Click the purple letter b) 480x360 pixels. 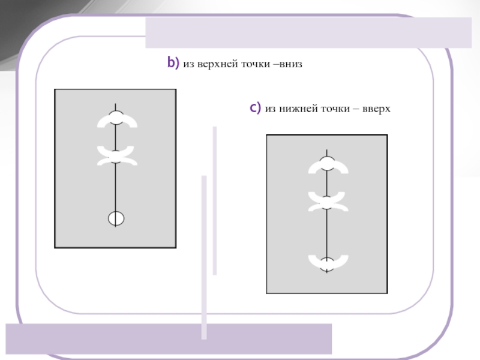point(173,63)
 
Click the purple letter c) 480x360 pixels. point(256,108)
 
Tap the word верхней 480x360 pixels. point(218,64)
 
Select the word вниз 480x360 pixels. point(290,64)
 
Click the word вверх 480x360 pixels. point(376,109)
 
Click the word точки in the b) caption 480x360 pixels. point(256,64)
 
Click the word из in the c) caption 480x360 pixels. point(270,109)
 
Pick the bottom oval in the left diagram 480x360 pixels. point(116,218)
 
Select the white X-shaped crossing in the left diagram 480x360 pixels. point(117,156)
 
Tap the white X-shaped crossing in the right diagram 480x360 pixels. point(328,202)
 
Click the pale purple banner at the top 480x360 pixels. point(308,33)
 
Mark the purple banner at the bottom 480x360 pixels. point(169,339)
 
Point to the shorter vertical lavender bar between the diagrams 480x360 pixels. point(215,201)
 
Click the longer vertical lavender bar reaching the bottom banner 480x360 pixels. point(204,257)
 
